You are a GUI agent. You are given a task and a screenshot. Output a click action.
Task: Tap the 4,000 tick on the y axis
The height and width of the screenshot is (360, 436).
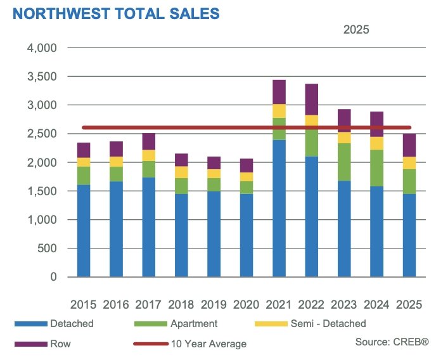[x=43, y=48]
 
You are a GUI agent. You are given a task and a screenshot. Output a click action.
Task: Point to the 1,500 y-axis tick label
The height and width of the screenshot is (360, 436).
[x=43, y=191]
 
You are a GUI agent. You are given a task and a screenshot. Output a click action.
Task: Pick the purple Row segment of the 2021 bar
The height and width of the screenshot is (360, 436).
[x=278, y=92]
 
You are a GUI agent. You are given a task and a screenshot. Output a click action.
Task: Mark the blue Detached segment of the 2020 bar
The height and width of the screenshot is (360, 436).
[x=246, y=235]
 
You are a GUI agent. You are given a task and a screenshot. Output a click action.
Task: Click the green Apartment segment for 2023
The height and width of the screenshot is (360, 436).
[x=343, y=162]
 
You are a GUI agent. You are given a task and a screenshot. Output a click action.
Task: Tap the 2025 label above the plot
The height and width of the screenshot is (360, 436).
[x=356, y=29]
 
